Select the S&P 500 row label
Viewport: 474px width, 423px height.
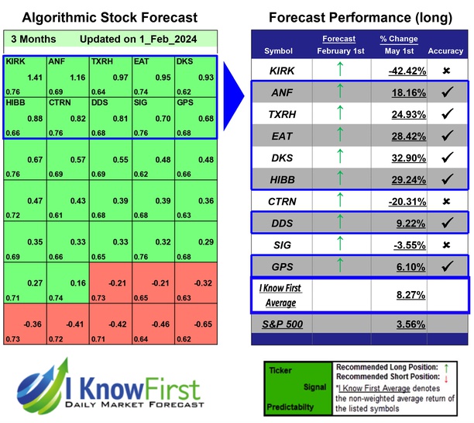coord(284,324)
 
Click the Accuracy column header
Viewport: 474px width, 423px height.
coord(445,51)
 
